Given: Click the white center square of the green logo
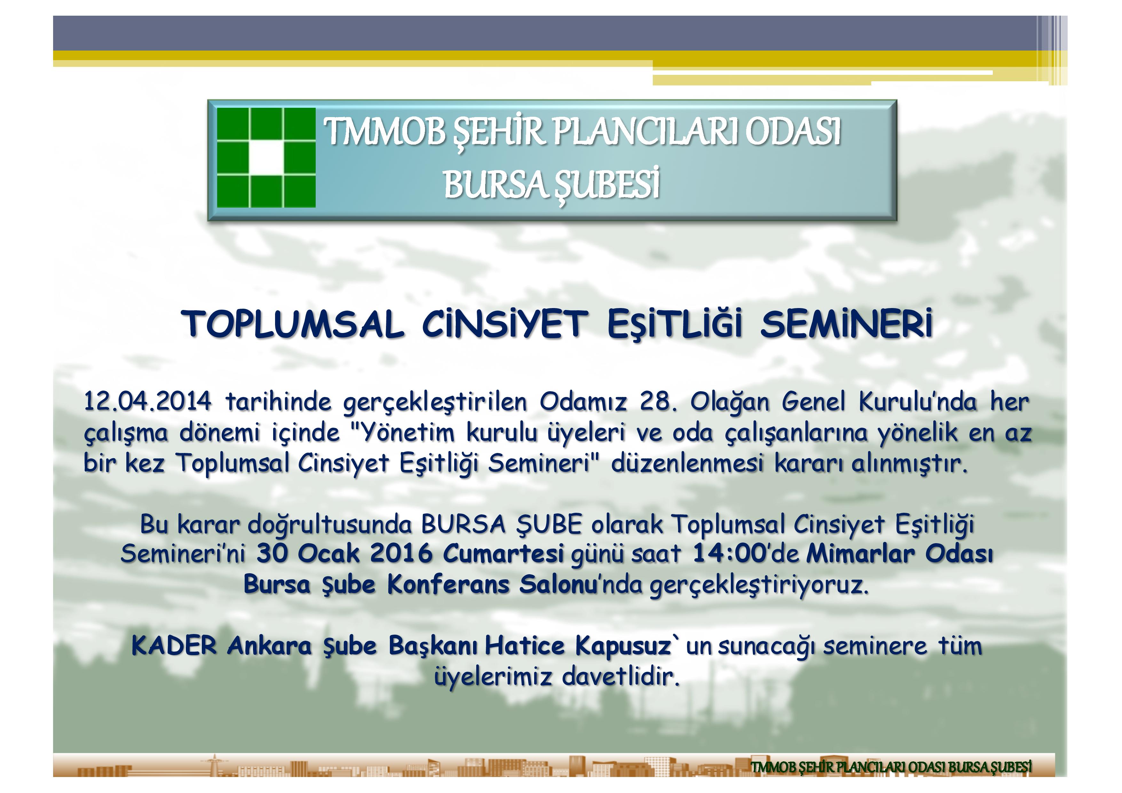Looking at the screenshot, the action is pyautogui.click(x=266, y=158).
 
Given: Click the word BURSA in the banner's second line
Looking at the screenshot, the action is pyautogui.click(x=494, y=185).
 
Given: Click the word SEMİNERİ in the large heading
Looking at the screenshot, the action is pyautogui.click(x=846, y=324).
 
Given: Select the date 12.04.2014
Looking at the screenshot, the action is pyautogui.click(x=147, y=402).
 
